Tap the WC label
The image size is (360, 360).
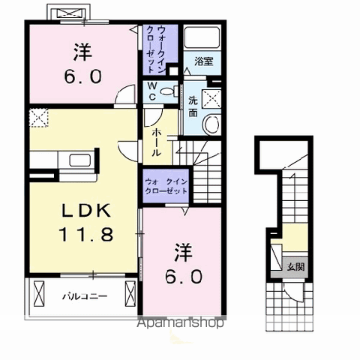151,89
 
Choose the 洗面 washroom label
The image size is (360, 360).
193,106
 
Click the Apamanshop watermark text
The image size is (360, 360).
181,324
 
